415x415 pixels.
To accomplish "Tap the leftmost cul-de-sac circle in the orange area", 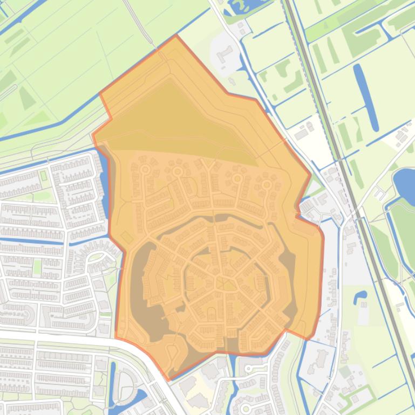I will click(x=145, y=170).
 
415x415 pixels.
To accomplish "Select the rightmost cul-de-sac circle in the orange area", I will click(x=266, y=185).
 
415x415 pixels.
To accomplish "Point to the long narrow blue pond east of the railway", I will click(x=366, y=97).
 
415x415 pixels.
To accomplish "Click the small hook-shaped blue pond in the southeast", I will click(x=360, y=296).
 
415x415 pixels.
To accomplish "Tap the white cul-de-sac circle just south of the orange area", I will click(x=249, y=369).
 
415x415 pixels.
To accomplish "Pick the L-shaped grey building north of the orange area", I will click(x=224, y=54).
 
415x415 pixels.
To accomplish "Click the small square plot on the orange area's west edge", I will click(x=127, y=237).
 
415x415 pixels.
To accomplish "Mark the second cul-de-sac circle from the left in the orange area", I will click(x=178, y=171).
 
